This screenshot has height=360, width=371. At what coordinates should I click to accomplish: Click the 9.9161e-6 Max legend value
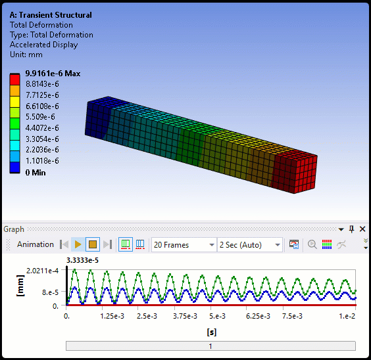pyautogui.click(x=53, y=74)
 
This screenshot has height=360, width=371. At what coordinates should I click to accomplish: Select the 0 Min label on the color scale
pyautogui.click(x=36, y=172)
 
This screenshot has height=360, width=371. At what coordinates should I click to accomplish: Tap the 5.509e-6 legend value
pyautogui.click(x=40, y=117)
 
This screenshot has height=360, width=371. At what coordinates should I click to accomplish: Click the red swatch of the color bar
pyautogui.click(x=14, y=79)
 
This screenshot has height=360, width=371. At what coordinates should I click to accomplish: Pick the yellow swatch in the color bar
pyautogui.click(x=14, y=102)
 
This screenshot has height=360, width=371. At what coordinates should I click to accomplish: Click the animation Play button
pyautogui.click(x=78, y=244)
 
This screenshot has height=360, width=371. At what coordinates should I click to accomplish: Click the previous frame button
pyautogui.click(x=64, y=244)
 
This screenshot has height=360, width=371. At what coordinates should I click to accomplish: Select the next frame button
pyautogui.click(x=108, y=244)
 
